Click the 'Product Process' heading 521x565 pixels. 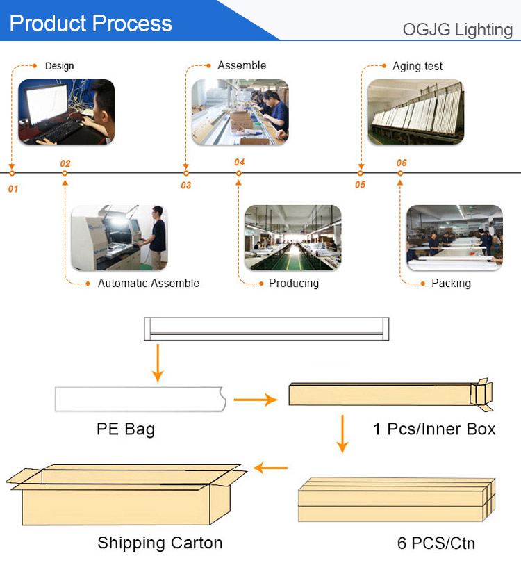coord(91,24)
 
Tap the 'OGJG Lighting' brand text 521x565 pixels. coord(458,30)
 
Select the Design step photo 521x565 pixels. coord(66,112)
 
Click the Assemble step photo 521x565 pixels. coord(240,112)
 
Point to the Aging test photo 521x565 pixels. coord(416,112)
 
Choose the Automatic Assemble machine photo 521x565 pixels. coord(119,238)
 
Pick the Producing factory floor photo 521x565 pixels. coord(293,238)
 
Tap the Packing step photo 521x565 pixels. coord(455,238)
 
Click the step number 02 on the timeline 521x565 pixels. coord(65,163)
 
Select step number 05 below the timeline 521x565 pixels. coord(361,185)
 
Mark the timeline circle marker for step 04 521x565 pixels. coord(238,173)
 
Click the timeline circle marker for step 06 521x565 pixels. coord(400,173)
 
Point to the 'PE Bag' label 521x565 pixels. coord(126,429)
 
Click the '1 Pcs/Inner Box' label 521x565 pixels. coord(435,429)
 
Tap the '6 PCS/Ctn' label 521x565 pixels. coord(436,543)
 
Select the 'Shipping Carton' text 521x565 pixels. coord(160,543)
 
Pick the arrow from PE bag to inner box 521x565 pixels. coord(256,400)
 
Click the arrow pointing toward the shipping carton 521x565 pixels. coord(270,468)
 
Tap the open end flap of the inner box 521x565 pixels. coord(481,394)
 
